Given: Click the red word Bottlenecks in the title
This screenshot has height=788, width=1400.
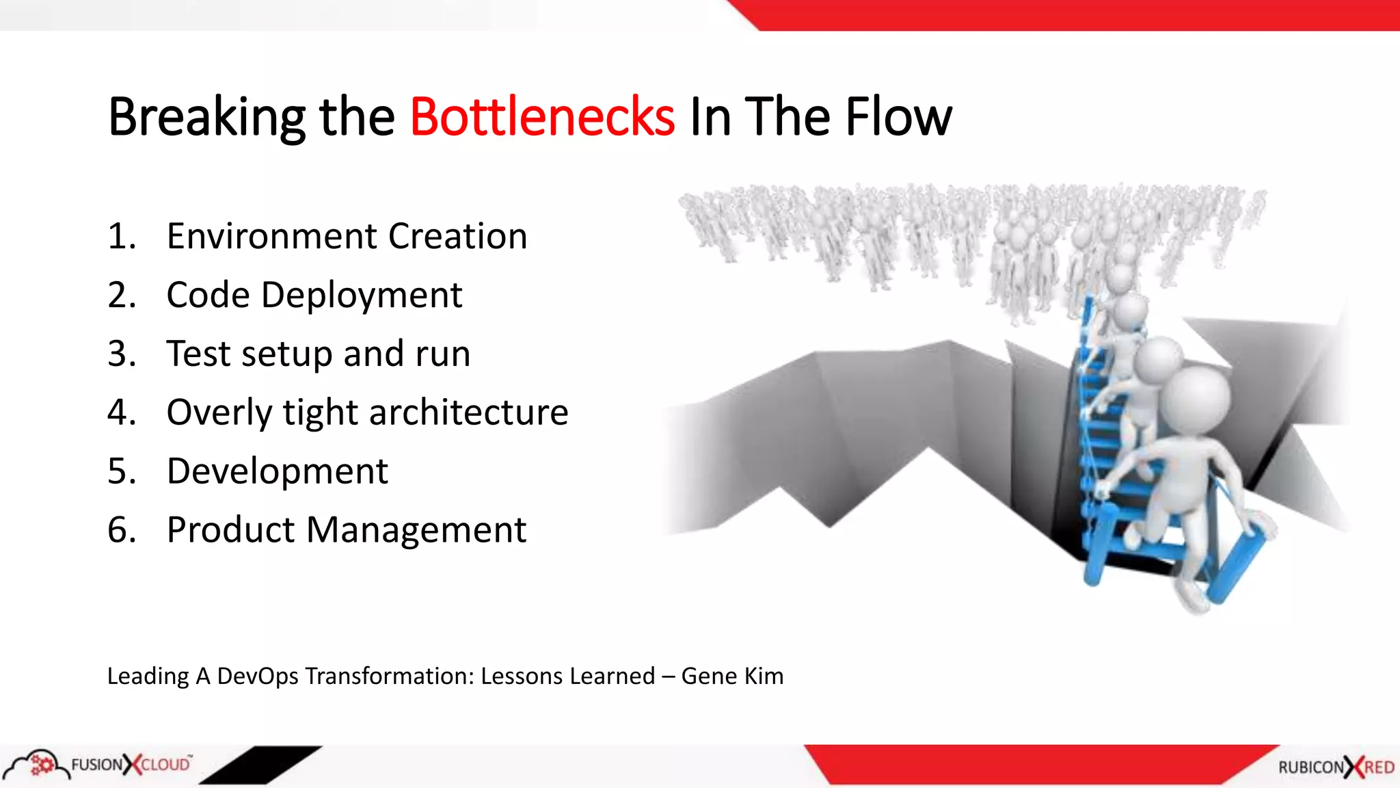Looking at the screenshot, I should pos(542,117).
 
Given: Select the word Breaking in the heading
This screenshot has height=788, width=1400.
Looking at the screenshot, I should pos(206,117).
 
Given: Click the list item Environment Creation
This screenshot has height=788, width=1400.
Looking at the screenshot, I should pos(347,237).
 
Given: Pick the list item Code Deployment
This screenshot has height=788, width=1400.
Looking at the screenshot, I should pos(314,295).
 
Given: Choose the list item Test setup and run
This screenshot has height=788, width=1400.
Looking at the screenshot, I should pos(319,354).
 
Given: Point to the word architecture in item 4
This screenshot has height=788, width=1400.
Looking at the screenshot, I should pos(468,412).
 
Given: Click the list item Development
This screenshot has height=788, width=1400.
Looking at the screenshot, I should pos(277,471).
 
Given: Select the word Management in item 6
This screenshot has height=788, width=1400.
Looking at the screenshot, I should pos(416,530).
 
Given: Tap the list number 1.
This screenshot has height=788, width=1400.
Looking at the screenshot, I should pos(121,237).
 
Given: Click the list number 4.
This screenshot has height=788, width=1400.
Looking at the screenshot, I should pos(121,412).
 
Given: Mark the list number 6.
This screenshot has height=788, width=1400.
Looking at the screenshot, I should pos(121,530).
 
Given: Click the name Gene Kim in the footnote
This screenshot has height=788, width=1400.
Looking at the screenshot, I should pos(732,676).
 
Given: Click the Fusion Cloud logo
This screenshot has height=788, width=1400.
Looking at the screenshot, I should pos(99,764).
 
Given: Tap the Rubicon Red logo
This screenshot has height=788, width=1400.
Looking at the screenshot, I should pos(1336,767).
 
